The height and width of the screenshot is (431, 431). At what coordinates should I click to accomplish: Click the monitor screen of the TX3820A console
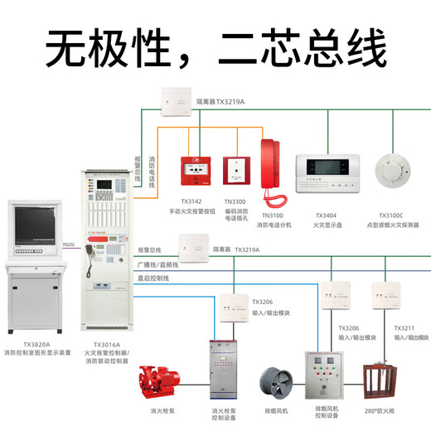36,226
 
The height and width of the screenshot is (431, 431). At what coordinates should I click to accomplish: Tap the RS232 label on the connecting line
70,245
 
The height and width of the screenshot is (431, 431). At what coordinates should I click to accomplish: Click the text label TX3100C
395,214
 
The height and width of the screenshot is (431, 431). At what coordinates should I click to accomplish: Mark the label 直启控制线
153,278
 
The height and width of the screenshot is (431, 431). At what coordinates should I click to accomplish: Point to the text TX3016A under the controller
106,344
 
